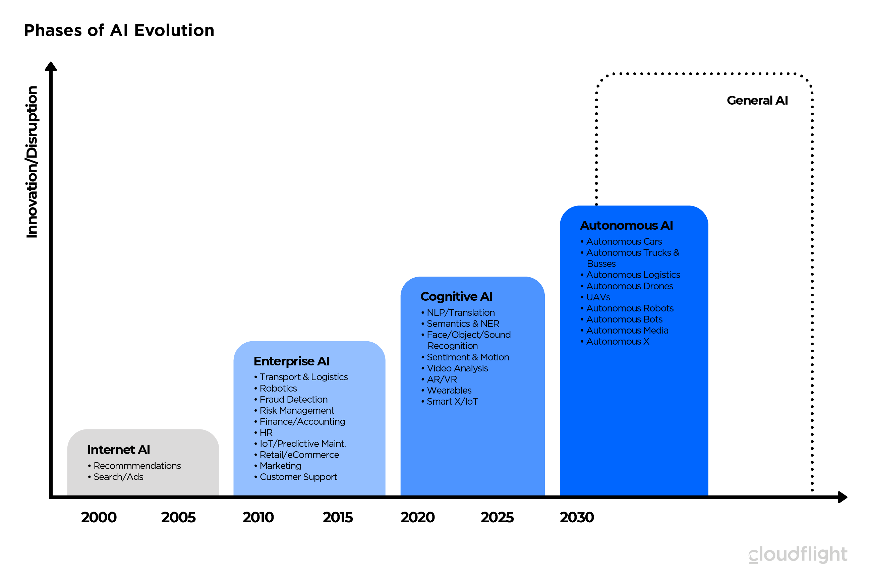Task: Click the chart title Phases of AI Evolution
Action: click(119, 30)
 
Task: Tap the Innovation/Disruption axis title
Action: click(32, 162)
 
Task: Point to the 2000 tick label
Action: click(99, 517)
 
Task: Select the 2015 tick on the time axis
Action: click(337, 517)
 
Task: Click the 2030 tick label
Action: click(577, 517)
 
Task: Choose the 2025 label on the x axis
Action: click(497, 517)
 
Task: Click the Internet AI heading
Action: click(118, 450)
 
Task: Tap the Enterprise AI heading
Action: click(291, 361)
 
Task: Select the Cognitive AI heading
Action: click(456, 296)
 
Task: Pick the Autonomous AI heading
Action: click(626, 225)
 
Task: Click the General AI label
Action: click(757, 100)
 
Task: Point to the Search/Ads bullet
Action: click(118, 477)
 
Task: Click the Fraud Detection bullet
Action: click(293, 399)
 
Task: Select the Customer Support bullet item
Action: click(298, 477)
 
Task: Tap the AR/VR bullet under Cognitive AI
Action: click(442, 379)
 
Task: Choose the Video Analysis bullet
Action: click(457, 368)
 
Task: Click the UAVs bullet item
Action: click(598, 297)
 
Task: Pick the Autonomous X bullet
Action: click(617, 341)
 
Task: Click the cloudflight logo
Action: click(798, 554)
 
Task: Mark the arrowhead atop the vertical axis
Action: click(51, 66)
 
